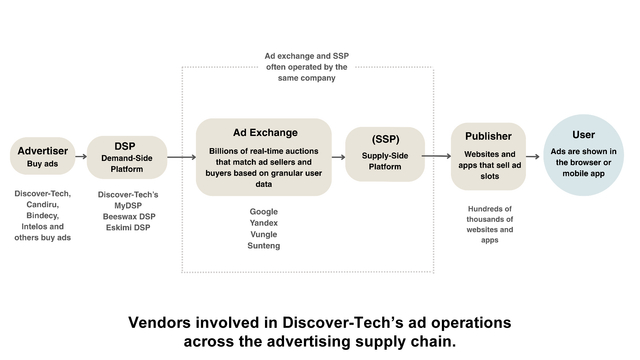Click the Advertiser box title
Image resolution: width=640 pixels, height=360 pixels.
(42, 151)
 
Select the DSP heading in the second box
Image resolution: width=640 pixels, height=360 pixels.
(125, 146)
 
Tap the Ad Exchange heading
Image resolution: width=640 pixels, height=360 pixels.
(265, 133)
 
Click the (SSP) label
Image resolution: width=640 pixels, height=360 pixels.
(385, 139)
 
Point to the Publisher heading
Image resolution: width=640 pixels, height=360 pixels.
(488, 136)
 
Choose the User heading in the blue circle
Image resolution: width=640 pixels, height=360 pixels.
(584, 135)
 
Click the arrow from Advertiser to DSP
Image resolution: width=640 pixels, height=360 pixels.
(81, 156)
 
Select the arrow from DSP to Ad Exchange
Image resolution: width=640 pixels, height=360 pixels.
(182, 157)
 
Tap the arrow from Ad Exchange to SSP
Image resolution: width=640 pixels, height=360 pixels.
(338, 157)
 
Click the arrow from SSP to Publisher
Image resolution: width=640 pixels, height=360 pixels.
(436, 156)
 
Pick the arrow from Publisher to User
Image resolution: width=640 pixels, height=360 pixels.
(533, 156)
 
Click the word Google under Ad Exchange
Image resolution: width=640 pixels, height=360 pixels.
(264, 212)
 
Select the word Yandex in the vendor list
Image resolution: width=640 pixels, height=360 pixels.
(264, 223)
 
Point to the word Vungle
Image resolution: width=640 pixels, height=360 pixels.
(264, 234)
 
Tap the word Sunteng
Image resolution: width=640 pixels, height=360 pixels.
(264, 246)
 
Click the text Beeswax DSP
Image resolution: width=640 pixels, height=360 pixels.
(129, 216)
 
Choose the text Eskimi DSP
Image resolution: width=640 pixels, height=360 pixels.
(128, 227)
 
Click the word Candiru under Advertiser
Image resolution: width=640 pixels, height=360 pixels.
(42, 204)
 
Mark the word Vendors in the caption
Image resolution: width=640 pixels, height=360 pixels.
(160, 322)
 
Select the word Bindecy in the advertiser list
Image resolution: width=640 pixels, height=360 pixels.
(42, 216)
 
